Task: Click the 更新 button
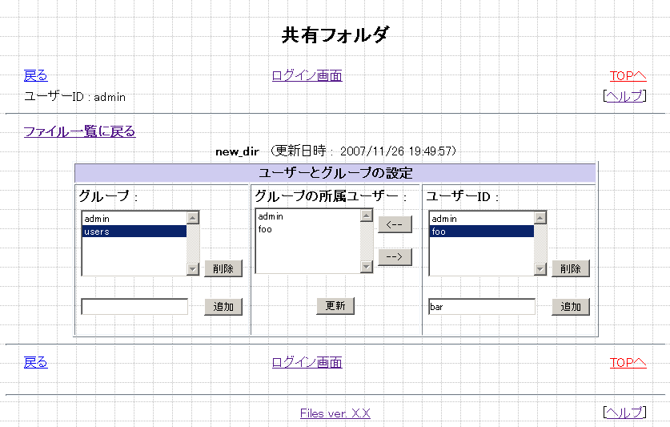tap(335, 305)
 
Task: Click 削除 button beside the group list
tap(223, 268)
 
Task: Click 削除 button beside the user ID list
tap(571, 268)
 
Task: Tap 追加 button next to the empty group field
tap(223, 307)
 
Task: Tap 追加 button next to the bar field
tap(571, 307)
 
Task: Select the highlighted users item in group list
tap(134, 232)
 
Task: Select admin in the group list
tap(134, 219)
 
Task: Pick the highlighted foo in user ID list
tap(481, 232)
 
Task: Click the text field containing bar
tap(482, 307)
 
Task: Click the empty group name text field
tap(134, 307)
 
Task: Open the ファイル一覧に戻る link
tap(79, 131)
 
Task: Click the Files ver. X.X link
tap(335, 413)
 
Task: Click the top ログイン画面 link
tap(307, 76)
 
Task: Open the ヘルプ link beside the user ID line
tap(624, 96)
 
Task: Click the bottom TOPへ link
tap(628, 362)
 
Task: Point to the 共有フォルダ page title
tap(335, 35)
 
